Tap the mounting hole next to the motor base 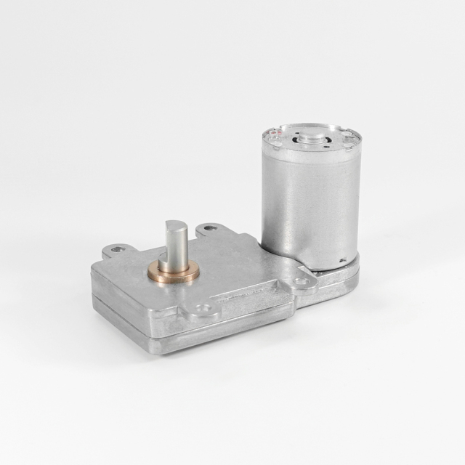pos(300,280)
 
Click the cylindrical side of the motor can pos(309,203)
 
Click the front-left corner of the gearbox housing pos(94,272)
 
